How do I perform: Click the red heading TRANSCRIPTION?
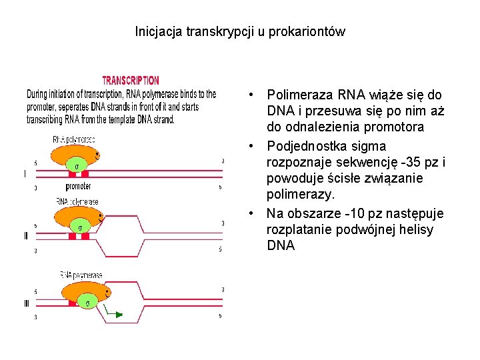click(130, 81)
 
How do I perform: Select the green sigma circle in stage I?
click(77, 165)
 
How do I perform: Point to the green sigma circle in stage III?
click(87, 303)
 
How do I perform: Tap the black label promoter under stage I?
click(79, 187)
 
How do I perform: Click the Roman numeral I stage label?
click(25, 175)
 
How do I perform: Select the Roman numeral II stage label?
click(25, 236)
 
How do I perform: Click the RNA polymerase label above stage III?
click(81, 275)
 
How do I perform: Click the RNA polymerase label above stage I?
click(74, 140)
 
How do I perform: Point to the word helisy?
click(431, 229)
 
